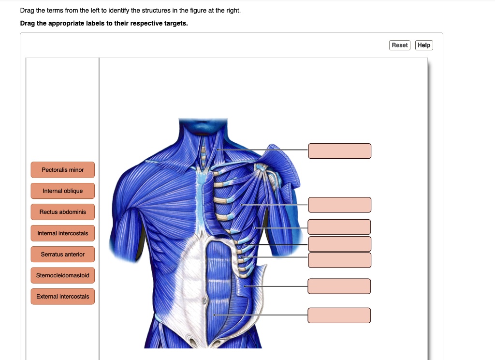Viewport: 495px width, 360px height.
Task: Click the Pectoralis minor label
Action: pos(62,170)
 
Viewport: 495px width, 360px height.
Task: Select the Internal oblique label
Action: pos(62,191)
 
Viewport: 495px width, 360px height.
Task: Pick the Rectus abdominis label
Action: pos(62,212)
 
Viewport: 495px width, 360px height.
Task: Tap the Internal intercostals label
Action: pos(62,233)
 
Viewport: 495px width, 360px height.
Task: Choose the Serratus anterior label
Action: pos(62,254)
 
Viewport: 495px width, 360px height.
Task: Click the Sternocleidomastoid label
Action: pos(62,275)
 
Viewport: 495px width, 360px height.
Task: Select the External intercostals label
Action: pos(62,296)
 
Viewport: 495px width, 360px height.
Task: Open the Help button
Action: pos(424,45)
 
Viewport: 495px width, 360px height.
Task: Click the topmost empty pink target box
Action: pos(339,151)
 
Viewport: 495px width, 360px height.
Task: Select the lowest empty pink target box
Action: pos(339,315)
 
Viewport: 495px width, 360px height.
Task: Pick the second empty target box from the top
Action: pos(339,205)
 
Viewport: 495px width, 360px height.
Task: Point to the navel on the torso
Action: pos(204,301)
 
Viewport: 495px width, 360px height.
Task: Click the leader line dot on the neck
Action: pos(218,150)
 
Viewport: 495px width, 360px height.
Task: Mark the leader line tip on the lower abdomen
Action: pos(214,315)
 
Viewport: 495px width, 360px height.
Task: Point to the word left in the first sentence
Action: pos(91,10)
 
